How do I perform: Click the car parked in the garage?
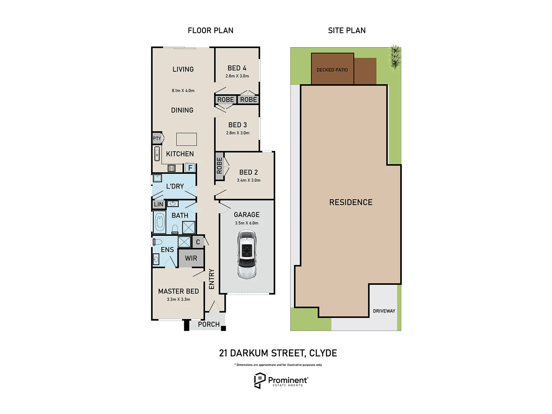click(x=246, y=254)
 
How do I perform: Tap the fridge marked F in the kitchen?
click(x=190, y=168)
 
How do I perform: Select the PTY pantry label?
click(x=157, y=138)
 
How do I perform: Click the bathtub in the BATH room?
click(x=160, y=222)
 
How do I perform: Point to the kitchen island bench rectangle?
click(x=186, y=139)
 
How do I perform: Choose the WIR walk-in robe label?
click(x=191, y=258)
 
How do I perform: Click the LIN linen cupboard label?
click(x=159, y=204)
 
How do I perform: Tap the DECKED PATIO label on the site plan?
click(x=332, y=70)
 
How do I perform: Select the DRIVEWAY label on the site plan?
click(x=384, y=311)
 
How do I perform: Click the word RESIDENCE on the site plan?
click(x=351, y=202)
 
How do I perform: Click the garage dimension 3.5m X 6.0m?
click(x=246, y=223)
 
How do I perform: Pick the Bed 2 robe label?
click(x=219, y=166)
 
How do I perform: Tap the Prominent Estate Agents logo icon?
click(x=260, y=380)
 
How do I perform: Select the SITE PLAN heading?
click(x=347, y=31)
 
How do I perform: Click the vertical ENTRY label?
click(x=212, y=279)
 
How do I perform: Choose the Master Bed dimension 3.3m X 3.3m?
click(x=178, y=299)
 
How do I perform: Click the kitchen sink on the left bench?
click(x=157, y=154)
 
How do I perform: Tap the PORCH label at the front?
click(x=209, y=324)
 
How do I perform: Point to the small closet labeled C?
click(x=198, y=242)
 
